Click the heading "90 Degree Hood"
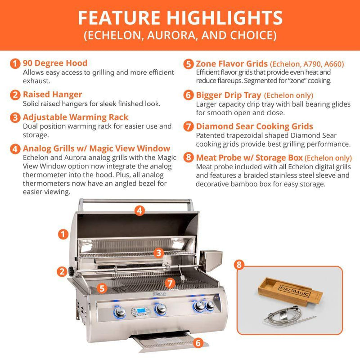[55, 63]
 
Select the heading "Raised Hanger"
[52, 94]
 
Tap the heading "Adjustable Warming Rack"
[76, 117]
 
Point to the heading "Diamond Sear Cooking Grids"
[254, 126]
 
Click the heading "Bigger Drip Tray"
[228, 95]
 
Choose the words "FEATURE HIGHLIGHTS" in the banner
[180, 17]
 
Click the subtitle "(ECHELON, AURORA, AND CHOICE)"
[180, 35]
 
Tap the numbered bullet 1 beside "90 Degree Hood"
[16, 63]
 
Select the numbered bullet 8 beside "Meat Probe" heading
[189, 158]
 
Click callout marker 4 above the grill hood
[139, 210]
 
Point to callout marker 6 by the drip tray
[197, 343]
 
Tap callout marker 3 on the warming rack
[158, 253]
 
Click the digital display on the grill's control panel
[139, 311]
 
